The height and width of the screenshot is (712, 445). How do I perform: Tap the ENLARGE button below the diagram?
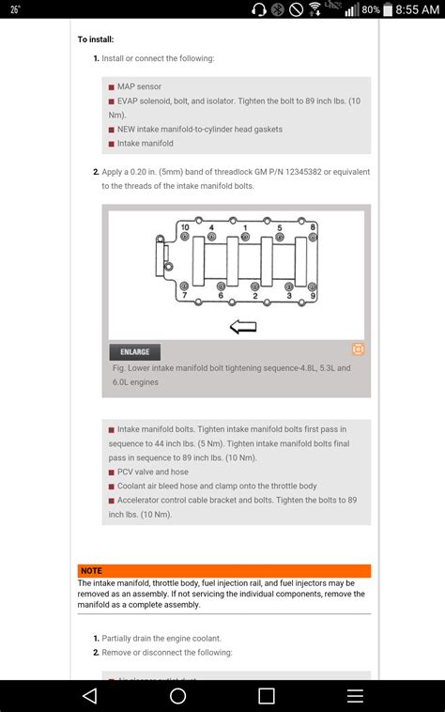click(x=135, y=352)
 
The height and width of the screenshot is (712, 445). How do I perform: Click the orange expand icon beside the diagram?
click(x=358, y=349)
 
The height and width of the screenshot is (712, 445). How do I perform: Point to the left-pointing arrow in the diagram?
click(x=243, y=327)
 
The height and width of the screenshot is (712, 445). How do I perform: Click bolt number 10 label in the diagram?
click(x=184, y=228)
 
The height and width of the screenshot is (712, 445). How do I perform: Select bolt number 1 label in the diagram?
click(x=245, y=228)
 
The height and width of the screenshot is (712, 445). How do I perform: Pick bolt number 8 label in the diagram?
click(x=313, y=228)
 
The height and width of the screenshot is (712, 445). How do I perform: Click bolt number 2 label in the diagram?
click(x=255, y=296)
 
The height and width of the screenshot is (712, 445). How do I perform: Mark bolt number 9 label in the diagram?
click(x=313, y=296)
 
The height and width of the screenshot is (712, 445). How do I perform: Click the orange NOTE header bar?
click(x=223, y=570)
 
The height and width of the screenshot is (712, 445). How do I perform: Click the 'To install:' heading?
click(x=96, y=39)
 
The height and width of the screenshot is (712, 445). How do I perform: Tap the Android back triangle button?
click(x=89, y=695)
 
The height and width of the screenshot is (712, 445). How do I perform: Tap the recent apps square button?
click(x=267, y=695)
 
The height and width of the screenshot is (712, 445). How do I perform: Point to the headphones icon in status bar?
click(x=259, y=9)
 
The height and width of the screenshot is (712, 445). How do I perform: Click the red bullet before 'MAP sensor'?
click(x=112, y=86)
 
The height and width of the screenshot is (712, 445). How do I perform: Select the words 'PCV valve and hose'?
click(x=152, y=472)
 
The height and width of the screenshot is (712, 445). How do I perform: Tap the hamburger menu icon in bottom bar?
click(x=355, y=695)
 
